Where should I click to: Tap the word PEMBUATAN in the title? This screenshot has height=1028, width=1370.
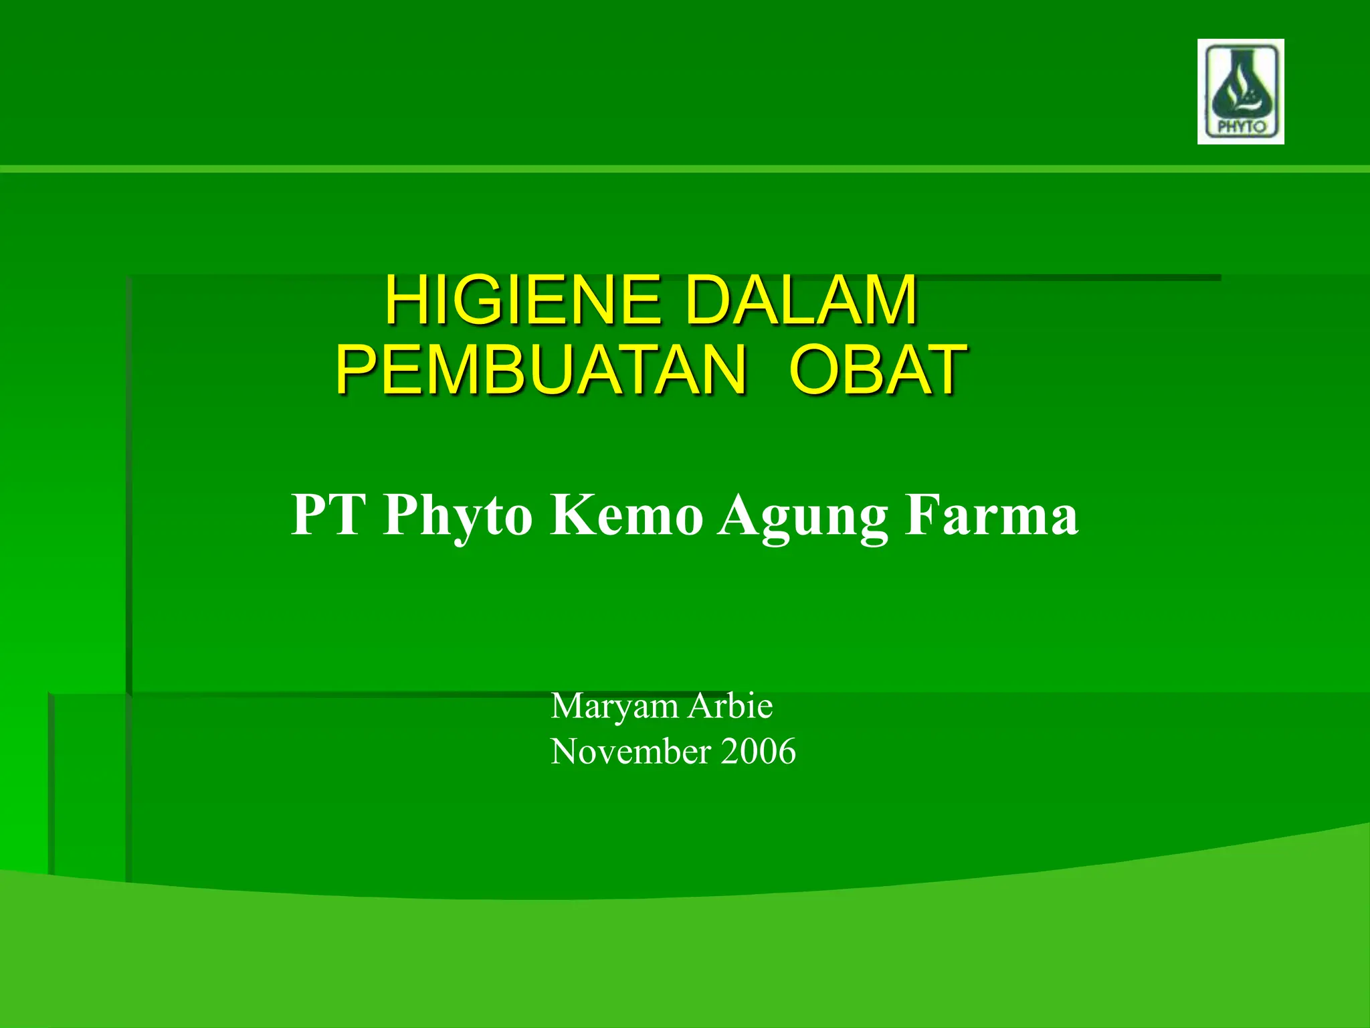click(541, 370)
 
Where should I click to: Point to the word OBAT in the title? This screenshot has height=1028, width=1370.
click(878, 370)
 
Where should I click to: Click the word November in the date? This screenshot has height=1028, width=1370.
click(630, 751)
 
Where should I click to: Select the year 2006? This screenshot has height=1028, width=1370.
click(758, 751)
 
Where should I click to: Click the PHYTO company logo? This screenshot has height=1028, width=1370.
click(1240, 91)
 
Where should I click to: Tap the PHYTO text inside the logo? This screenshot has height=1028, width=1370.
click(1242, 126)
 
